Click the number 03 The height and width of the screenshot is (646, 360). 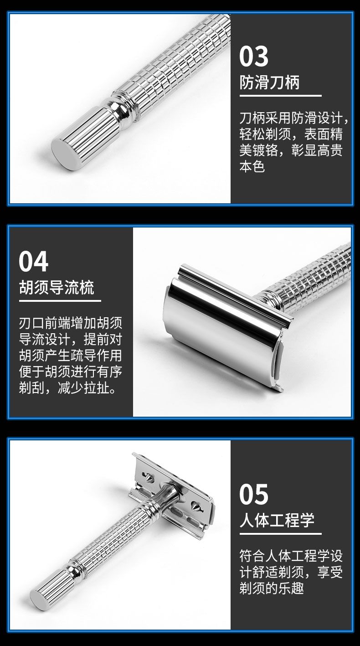point(254,56)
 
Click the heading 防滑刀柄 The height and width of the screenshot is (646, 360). point(269,82)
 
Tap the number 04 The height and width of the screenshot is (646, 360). point(33,262)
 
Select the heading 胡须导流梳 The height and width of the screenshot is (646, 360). point(57,288)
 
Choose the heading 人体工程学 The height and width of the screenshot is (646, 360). point(277,520)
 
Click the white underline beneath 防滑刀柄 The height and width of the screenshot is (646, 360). point(280,95)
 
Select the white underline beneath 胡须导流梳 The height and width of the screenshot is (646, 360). point(60,301)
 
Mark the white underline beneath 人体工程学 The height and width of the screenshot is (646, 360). point(280,533)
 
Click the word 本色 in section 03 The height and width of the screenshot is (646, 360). point(252,166)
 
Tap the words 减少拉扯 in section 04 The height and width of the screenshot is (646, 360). point(83,388)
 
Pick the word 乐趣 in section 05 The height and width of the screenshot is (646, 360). point(291,588)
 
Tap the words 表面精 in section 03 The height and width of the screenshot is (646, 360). point(324,134)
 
